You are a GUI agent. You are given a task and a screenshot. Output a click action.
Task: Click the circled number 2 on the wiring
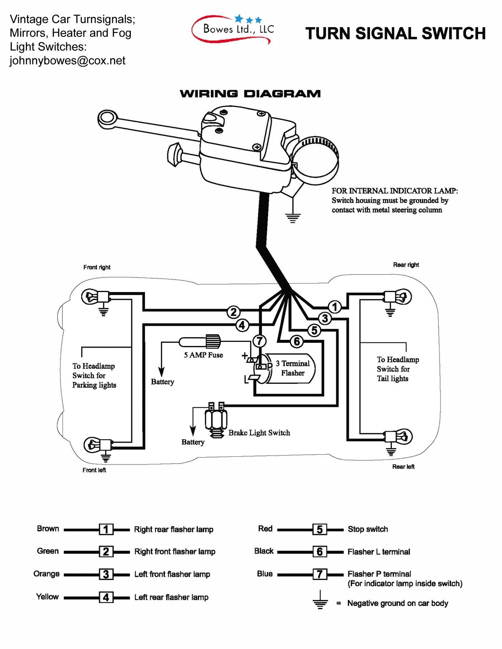point(233,312)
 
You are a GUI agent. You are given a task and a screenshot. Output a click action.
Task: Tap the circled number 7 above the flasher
point(259,341)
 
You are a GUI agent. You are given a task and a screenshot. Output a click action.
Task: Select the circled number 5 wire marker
point(314,330)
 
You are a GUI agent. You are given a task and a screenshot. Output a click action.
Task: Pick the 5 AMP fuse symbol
point(200,341)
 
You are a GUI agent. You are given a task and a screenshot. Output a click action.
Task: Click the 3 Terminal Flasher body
point(290,369)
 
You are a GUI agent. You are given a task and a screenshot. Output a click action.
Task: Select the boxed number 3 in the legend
point(106,574)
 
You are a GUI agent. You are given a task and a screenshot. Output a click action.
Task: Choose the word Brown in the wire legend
point(48,529)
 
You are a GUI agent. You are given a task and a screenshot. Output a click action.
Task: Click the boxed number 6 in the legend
point(319,551)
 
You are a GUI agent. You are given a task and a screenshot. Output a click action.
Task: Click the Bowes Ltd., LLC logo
point(233,29)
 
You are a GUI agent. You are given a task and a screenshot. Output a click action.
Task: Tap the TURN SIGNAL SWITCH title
point(395,33)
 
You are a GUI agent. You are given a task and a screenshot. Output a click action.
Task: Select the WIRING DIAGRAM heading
point(250,94)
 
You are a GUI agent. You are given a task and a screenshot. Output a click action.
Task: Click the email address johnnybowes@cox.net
point(67,60)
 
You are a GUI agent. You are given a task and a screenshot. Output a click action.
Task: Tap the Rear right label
point(406,264)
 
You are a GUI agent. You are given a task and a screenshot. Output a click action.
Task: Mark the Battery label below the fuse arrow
point(162,382)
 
